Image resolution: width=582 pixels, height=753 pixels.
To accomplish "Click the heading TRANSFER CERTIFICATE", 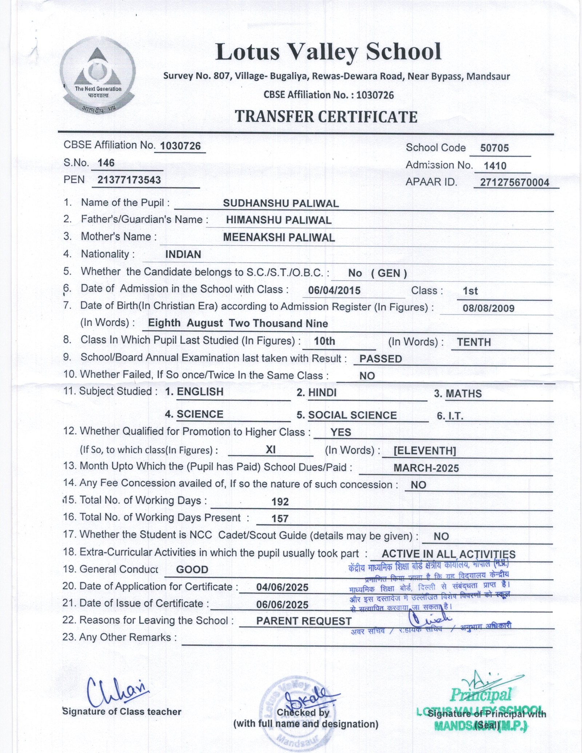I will click(326, 117).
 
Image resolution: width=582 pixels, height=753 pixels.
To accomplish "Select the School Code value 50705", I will click(494, 148).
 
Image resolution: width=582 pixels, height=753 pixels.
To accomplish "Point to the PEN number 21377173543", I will click(129, 180).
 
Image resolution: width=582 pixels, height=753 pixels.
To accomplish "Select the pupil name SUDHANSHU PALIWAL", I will click(281, 203).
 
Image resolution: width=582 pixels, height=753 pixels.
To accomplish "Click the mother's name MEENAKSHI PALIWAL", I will click(279, 237).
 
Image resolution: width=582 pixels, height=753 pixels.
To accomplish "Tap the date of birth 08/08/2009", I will click(489, 308).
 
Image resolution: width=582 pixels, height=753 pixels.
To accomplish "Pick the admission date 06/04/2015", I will click(334, 290).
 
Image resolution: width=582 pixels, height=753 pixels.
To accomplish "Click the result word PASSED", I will click(380, 359).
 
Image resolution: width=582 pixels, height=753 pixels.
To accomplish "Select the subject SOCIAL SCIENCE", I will click(352, 415).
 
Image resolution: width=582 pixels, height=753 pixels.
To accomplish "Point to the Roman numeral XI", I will click(270, 450).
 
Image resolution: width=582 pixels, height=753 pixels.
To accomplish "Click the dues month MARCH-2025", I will click(426, 468).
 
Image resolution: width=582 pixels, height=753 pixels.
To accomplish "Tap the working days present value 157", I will click(280, 518).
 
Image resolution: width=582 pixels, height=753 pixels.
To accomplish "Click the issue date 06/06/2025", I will click(282, 604).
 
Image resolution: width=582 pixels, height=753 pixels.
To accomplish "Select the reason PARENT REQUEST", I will click(304, 621).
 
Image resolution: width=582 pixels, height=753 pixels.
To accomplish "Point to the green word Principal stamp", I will click(481, 695).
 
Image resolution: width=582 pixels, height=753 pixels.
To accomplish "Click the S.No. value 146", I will click(106, 163).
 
